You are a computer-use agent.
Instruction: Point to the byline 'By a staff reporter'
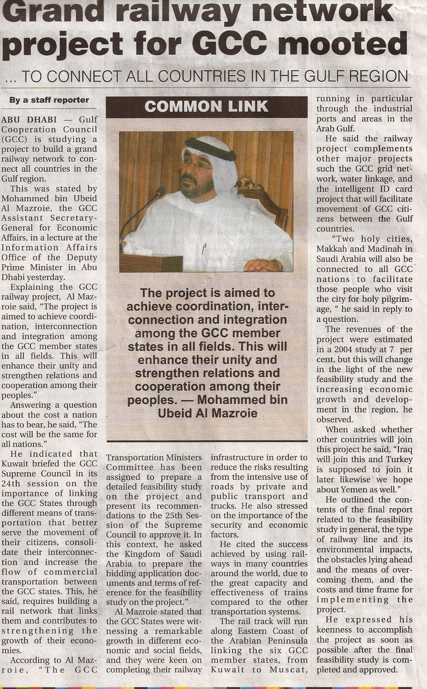coord(49,100)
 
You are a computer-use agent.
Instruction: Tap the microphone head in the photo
coord(160,191)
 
